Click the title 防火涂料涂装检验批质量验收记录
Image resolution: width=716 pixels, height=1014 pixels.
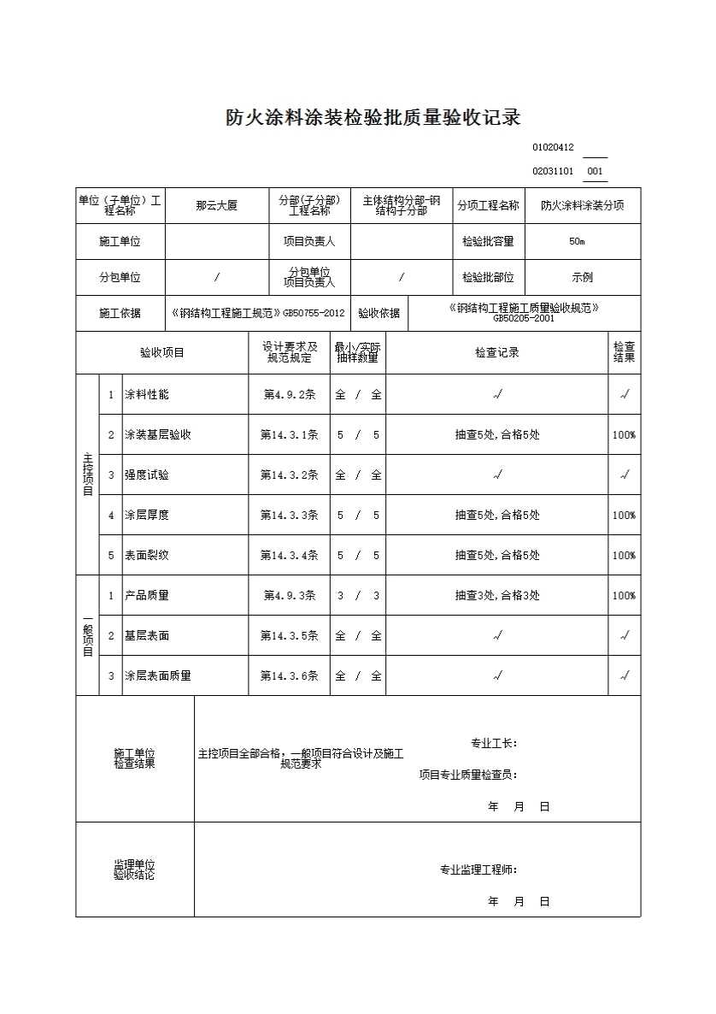pyautogui.click(x=373, y=118)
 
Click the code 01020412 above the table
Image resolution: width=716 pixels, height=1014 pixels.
pyautogui.click(x=553, y=147)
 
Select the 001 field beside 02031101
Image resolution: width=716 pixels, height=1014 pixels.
pyautogui.click(x=596, y=171)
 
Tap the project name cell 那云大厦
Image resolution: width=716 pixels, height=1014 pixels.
pyautogui.click(x=216, y=206)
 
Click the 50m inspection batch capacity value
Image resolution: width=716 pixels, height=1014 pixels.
pyautogui.click(x=577, y=241)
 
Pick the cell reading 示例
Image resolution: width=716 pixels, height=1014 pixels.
pyautogui.click(x=582, y=277)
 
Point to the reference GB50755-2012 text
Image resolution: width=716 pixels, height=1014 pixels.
pyautogui.click(x=314, y=314)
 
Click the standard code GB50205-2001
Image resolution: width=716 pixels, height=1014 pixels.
pyautogui.click(x=523, y=318)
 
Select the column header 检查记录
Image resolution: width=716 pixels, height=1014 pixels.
pyautogui.click(x=497, y=352)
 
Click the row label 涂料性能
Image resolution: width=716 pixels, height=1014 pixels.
pyautogui.click(x=147, y=394)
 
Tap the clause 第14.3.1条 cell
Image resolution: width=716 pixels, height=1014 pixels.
pyautogui.click(x=289, y=434)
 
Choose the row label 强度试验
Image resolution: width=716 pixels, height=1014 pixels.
pyautogui.click(x=147, y=475)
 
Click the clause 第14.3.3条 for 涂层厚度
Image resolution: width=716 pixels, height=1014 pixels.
pyautogui.click(x=289, y=515)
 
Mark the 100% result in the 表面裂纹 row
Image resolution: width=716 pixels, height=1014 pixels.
pyautogui.click(x=624, y=555)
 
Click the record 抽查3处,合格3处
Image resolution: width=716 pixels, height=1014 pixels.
pyautogui.click(x=497, y=595)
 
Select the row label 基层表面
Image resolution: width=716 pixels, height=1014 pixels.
pyautogui.click(x=147, y=635)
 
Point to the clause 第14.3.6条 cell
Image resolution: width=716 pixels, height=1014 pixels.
pyautogui.click(x=289, y=675)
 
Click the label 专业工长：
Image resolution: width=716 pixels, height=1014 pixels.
pyautogui.click(x=494, y=743)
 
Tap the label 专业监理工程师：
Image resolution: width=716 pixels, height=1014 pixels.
pyautogui.click(x=478, y=870)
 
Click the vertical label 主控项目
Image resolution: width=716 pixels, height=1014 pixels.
pyautogui.click(x=87, y=475)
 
